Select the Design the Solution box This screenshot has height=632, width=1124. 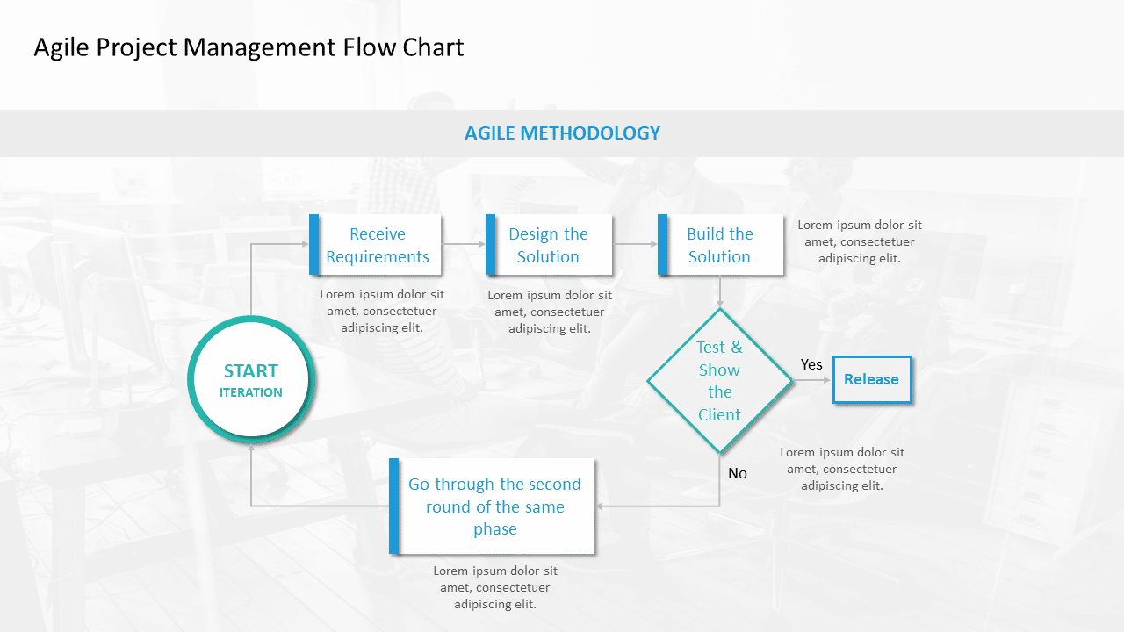click(548, 245)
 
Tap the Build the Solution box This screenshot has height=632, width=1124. click(719, 245)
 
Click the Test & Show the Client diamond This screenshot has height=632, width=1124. click(719, 380)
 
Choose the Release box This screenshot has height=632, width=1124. click(871, 379)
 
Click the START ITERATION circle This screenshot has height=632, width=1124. click(251, 380)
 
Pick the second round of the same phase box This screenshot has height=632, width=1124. click(494, 506)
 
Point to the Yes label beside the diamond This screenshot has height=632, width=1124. click(811, 364)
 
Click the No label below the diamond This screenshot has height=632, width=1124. click(738, 473)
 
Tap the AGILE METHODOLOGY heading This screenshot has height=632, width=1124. click(562, 133)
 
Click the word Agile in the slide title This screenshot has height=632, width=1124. click(61, 47)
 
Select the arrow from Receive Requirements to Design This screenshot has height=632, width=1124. click(463, 244)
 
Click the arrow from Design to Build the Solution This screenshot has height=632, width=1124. click(636, 244)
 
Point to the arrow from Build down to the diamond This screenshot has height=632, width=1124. click(720, 291)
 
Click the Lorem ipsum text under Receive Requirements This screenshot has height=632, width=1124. click(382, 311)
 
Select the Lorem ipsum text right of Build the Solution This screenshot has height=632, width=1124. click(860, 241)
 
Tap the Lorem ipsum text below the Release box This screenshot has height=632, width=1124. click(842, 469)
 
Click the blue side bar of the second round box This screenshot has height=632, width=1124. click(394, 506)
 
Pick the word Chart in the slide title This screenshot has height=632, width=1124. click(433, 47)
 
